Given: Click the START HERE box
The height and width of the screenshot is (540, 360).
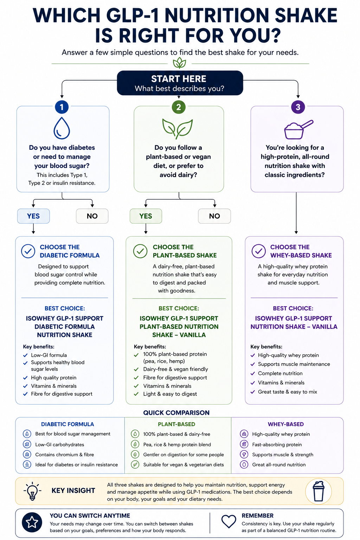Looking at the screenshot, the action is (180, 83).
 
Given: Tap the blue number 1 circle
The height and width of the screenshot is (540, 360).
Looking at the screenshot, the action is (62, 107).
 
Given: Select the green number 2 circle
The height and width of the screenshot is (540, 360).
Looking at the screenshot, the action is (179, 107).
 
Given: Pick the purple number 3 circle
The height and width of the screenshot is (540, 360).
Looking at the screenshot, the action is (298, 107).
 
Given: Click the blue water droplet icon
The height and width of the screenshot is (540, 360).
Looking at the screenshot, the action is (62, 128).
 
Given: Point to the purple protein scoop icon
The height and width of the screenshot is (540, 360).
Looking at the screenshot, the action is (298, 129).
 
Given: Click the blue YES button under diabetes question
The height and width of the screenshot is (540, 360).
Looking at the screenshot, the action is (33, 216).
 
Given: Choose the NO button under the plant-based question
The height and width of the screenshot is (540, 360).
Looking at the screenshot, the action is (214, 216).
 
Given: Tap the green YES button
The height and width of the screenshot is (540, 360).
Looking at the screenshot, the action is (146, 216).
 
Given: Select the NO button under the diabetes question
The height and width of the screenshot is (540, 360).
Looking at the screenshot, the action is (92, 216).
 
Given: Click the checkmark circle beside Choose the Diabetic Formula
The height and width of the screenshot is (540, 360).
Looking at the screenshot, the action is (28, 251).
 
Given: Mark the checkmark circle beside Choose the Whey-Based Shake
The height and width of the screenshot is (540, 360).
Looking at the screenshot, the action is (259, 251).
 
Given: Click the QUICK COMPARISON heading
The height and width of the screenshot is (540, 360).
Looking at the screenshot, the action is (176, 412).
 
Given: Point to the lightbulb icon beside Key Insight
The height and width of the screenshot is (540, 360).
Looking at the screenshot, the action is (32, 491).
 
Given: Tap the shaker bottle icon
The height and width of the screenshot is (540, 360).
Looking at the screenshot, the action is (319, 491).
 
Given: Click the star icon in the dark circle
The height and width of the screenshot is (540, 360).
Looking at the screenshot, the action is (32, 522).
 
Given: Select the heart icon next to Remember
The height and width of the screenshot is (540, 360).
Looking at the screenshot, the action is (229, 521).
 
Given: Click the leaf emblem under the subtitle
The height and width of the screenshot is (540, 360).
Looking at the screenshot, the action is (179, 63).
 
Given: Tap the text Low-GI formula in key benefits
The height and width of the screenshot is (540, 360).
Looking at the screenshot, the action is (49, 355).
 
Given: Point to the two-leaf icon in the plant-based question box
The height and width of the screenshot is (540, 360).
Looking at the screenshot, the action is (178, 129).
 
